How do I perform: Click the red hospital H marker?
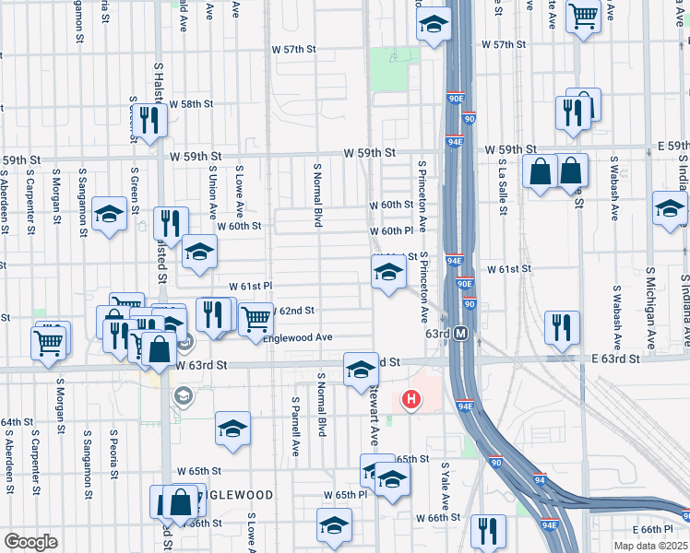click(x=411, y=400)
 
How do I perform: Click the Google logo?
click(x=30, y=542)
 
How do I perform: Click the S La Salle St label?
click(x=503, y=186)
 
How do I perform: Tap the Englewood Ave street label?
click(x=297, y=337)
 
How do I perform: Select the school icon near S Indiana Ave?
click(x=670, y=209)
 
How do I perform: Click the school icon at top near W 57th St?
click(x=433, y=25)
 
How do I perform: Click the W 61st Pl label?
click(x=250, y=286)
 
